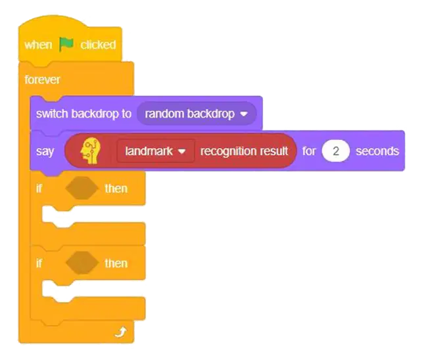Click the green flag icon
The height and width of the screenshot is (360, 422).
coord(66,45)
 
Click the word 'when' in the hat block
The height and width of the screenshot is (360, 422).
coord(38,45)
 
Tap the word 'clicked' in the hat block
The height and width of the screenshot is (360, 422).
coord(98,45)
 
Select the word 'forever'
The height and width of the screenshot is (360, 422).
coord(42,79)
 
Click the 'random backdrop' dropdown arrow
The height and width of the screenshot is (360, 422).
coord(244,114)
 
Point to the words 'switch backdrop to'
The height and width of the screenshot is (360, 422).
coord(83,114)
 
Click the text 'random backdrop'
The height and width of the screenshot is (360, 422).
coord(190,114)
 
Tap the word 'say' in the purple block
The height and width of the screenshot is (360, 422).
coord(45,152)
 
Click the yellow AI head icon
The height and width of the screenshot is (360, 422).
coord(91,151)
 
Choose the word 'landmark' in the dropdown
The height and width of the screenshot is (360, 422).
coord(149,151)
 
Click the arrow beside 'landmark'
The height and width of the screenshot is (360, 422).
coord(182,152)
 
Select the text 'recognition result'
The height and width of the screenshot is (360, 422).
coord(244,151)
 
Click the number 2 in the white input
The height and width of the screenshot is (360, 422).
coord(336,151)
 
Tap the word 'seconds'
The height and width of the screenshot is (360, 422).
coord(377,151)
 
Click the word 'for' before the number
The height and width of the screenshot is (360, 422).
coord(309,151)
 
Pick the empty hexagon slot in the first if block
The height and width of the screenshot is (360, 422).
coord(82,188)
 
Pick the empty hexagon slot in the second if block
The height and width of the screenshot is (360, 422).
coord(82,263)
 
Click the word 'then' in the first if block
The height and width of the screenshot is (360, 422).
coord(116,189)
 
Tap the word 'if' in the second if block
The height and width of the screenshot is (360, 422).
coord(39,263)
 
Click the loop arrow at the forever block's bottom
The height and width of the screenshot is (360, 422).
coord(120,332)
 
